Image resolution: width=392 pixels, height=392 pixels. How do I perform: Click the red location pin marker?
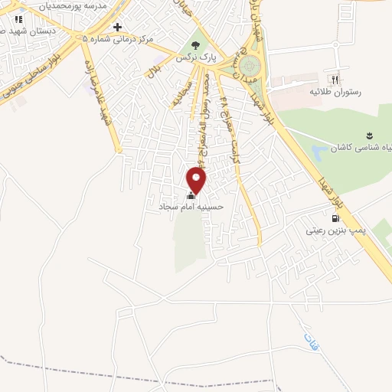pos(197,181)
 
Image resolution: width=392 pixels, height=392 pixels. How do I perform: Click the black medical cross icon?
pos(117,27)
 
